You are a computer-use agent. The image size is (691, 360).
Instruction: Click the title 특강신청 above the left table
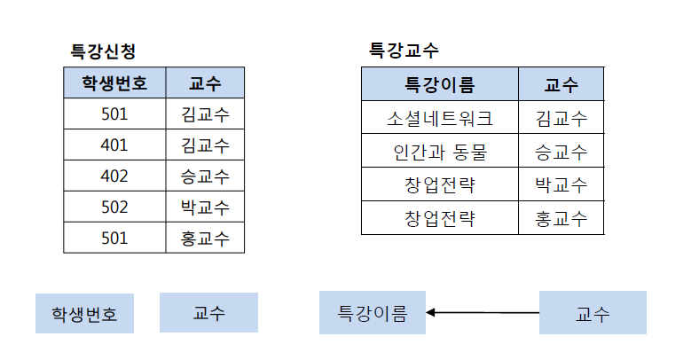point(103,51)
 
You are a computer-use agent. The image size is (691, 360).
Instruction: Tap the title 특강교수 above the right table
point(404,51)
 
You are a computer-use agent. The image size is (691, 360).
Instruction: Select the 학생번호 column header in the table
point(114,82)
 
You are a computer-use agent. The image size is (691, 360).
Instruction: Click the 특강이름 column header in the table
point(440,84)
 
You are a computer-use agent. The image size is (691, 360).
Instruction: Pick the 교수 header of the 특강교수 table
point(561,84)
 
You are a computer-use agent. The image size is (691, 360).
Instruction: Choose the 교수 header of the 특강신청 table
point(205,82)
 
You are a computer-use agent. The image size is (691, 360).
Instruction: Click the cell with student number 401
point(114,145)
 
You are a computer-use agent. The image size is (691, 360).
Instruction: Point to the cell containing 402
point(114,176)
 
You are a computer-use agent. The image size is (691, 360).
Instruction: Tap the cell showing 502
point(114,207)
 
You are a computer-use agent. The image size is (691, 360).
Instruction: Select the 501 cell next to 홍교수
point(114,238)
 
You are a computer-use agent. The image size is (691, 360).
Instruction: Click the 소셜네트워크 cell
point(440,117)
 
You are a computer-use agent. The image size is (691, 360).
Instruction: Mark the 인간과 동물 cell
point(440,151)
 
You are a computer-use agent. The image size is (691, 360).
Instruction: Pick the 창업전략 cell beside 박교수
point(440,184)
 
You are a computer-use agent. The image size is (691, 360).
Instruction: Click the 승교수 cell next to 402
point(205,176)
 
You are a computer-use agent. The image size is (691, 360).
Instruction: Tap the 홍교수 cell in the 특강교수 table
point(561,218)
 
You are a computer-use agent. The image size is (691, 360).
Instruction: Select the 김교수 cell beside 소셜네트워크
point(561,117)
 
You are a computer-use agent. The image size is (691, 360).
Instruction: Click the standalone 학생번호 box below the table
point(84,313)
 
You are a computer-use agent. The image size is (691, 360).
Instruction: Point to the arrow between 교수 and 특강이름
point(483,312)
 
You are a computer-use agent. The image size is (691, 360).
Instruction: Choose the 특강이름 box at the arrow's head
point(373,312)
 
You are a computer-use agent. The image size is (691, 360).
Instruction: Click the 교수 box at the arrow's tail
point(593,312)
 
